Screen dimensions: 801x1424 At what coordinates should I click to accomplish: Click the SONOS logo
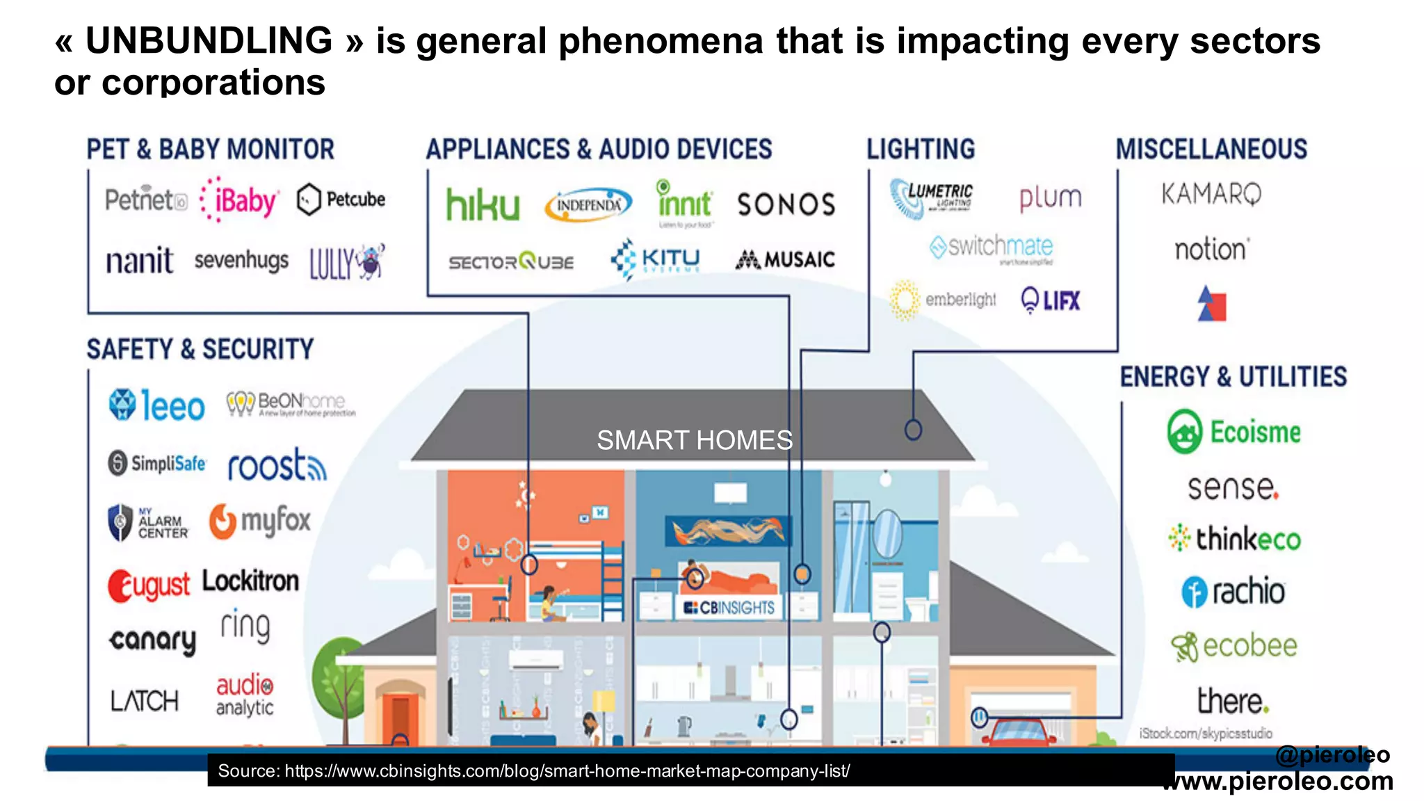point(786,204)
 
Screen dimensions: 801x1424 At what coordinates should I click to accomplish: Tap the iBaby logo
point(240,201)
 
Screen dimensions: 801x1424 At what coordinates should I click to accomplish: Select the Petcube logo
point(341,200)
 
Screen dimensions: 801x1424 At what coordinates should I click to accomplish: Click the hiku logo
point(483,204)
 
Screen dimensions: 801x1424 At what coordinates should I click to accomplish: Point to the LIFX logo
point(1051,300)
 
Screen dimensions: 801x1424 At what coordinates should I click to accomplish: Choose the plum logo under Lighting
point(1050,198)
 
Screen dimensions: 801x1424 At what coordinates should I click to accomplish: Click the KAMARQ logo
point(1211,194)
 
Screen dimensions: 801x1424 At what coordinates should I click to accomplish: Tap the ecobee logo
point(1234,646)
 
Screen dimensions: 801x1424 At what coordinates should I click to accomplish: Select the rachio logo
point(1233,592)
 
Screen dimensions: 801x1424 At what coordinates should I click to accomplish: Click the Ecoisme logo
point(1234,432)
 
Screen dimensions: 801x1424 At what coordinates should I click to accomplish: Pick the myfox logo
point(261,521)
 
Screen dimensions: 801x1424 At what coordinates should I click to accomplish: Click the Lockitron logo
point(251,581)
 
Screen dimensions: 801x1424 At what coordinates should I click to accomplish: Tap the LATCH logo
point(145,700)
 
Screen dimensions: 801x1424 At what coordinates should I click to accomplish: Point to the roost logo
point(277,465)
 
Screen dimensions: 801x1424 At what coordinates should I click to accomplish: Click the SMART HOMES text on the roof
point(694,440)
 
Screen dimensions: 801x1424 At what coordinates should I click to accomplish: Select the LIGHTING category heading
point(921,149)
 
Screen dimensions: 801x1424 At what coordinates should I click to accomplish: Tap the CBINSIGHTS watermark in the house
point(729,608)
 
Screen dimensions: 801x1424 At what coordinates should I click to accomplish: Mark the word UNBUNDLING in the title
point(209,40)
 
